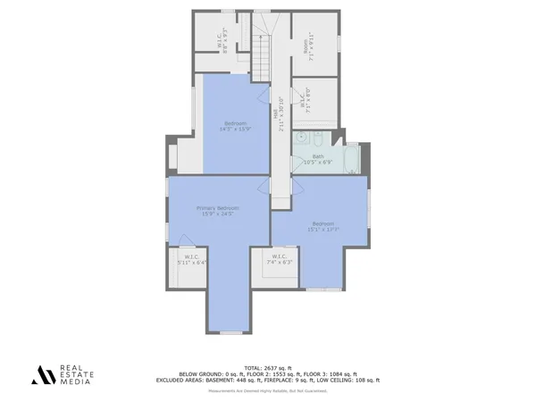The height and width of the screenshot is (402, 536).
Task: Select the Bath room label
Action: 318,156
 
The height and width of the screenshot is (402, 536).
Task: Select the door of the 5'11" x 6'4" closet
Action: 188,248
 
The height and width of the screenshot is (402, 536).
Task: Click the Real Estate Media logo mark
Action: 43,375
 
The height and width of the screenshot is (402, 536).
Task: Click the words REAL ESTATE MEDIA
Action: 78,375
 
